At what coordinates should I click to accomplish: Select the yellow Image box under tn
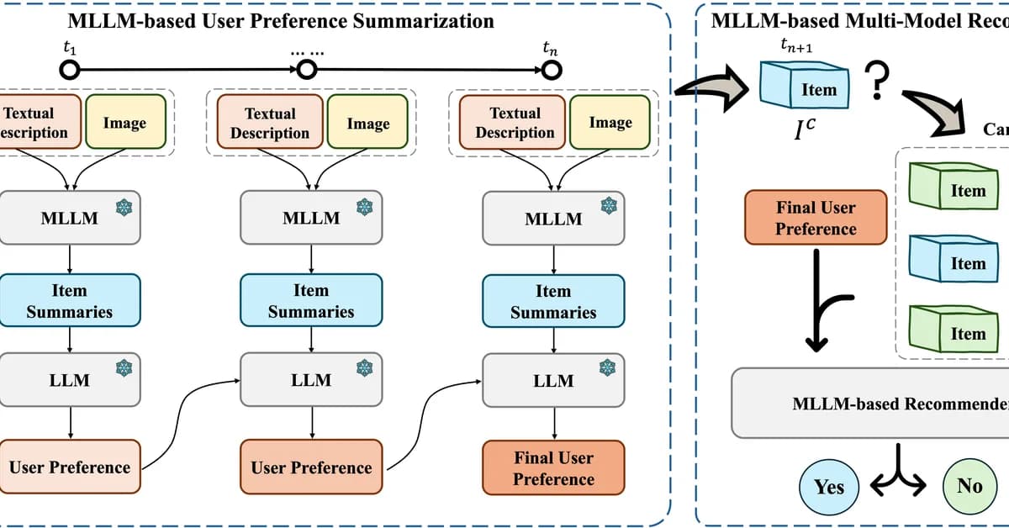(610, 123)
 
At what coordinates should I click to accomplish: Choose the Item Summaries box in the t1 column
(69, 301)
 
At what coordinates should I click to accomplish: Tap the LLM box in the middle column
(311, 380)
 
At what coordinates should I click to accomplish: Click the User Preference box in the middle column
(311, 467)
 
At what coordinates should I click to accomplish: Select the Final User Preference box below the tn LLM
(553, 468)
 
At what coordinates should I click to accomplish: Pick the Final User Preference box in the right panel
(816, 217)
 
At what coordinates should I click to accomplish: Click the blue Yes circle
(828, 486)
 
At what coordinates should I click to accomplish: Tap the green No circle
(969, 486)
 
